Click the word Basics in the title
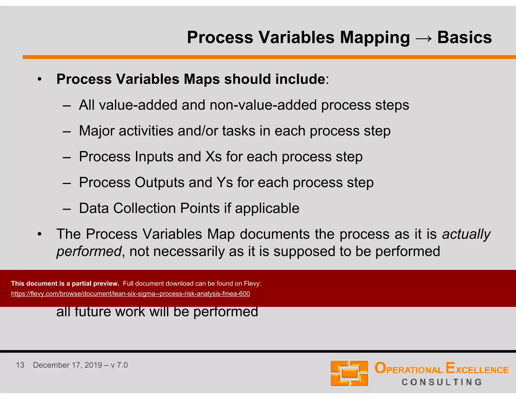[464, 37]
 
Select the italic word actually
[466, 234]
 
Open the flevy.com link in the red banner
[131, 294]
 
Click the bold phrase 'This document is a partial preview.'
[65, 283]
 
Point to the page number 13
[20, 365]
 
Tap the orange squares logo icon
[349, 373]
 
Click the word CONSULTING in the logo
[442, 382]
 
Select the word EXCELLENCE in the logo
[477, 369]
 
